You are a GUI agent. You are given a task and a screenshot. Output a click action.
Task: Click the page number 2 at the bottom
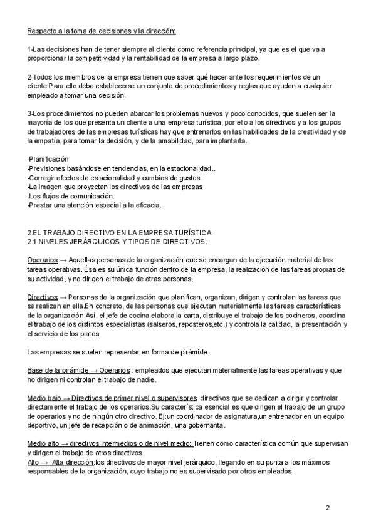coord(328,507)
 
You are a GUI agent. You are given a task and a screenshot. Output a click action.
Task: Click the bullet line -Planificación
coord(49,160)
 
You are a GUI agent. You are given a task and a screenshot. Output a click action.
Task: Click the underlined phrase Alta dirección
coord(73,462)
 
